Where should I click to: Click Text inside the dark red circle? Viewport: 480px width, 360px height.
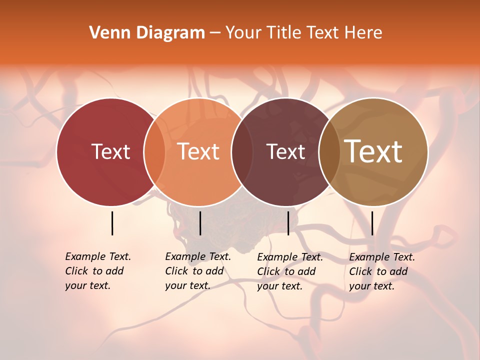point(110,151)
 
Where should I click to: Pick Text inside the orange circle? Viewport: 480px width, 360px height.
point(198,151)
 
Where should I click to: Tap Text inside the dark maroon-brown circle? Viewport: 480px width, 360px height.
point(286,151)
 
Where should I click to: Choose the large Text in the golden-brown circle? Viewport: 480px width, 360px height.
point(373,151)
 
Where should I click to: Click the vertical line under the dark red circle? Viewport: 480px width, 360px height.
point(112,223)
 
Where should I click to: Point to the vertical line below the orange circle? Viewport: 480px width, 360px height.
point(200,223)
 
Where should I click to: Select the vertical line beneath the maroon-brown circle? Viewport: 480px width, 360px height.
point(288,223)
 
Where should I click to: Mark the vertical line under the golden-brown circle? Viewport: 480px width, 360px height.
point(372,223)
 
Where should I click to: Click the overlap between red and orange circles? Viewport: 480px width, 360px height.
point(154,151)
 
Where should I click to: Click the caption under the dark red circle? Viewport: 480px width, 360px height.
point(98,271)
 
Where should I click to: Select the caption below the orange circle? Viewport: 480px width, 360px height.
point(198,271)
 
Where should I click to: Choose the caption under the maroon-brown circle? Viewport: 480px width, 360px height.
point(290,271)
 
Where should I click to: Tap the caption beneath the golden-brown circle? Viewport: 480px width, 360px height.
point(382,271)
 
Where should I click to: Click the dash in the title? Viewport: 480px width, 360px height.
point(215,33)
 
